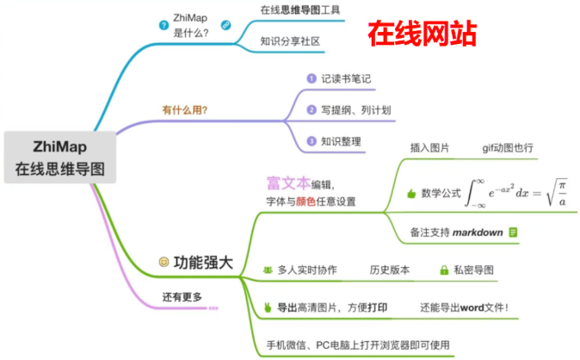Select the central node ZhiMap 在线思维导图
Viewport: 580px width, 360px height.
[x=59, y=156]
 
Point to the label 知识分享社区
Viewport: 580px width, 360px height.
[x=290, y=40]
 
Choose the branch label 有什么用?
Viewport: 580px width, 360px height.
[x=185, y=109]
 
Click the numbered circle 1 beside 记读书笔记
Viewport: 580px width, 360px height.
[x=312, y=78]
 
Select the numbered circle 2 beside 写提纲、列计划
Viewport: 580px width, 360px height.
[x=312, y=109]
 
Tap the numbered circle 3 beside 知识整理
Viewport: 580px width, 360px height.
[x=312, y=140]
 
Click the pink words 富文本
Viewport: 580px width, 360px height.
[x=287, y=183]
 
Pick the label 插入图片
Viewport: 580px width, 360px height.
[x=429, y=148]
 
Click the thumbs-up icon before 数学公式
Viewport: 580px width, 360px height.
[x=410, y=194]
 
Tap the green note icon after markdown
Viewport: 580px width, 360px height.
[x=513, y=232]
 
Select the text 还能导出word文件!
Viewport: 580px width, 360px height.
[x=465, y=307]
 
